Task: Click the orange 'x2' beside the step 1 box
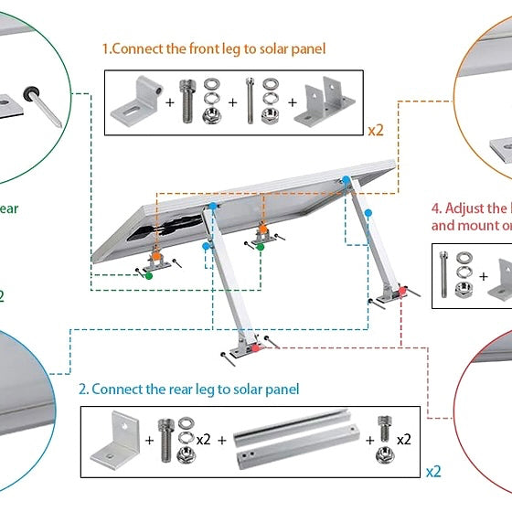click(376, 130)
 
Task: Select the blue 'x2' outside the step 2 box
click(433, 472)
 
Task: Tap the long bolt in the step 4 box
click(444, 271)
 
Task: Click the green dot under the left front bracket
click(149, 273)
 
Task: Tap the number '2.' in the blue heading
click(83, 389)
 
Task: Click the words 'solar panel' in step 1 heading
click(294, 48)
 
